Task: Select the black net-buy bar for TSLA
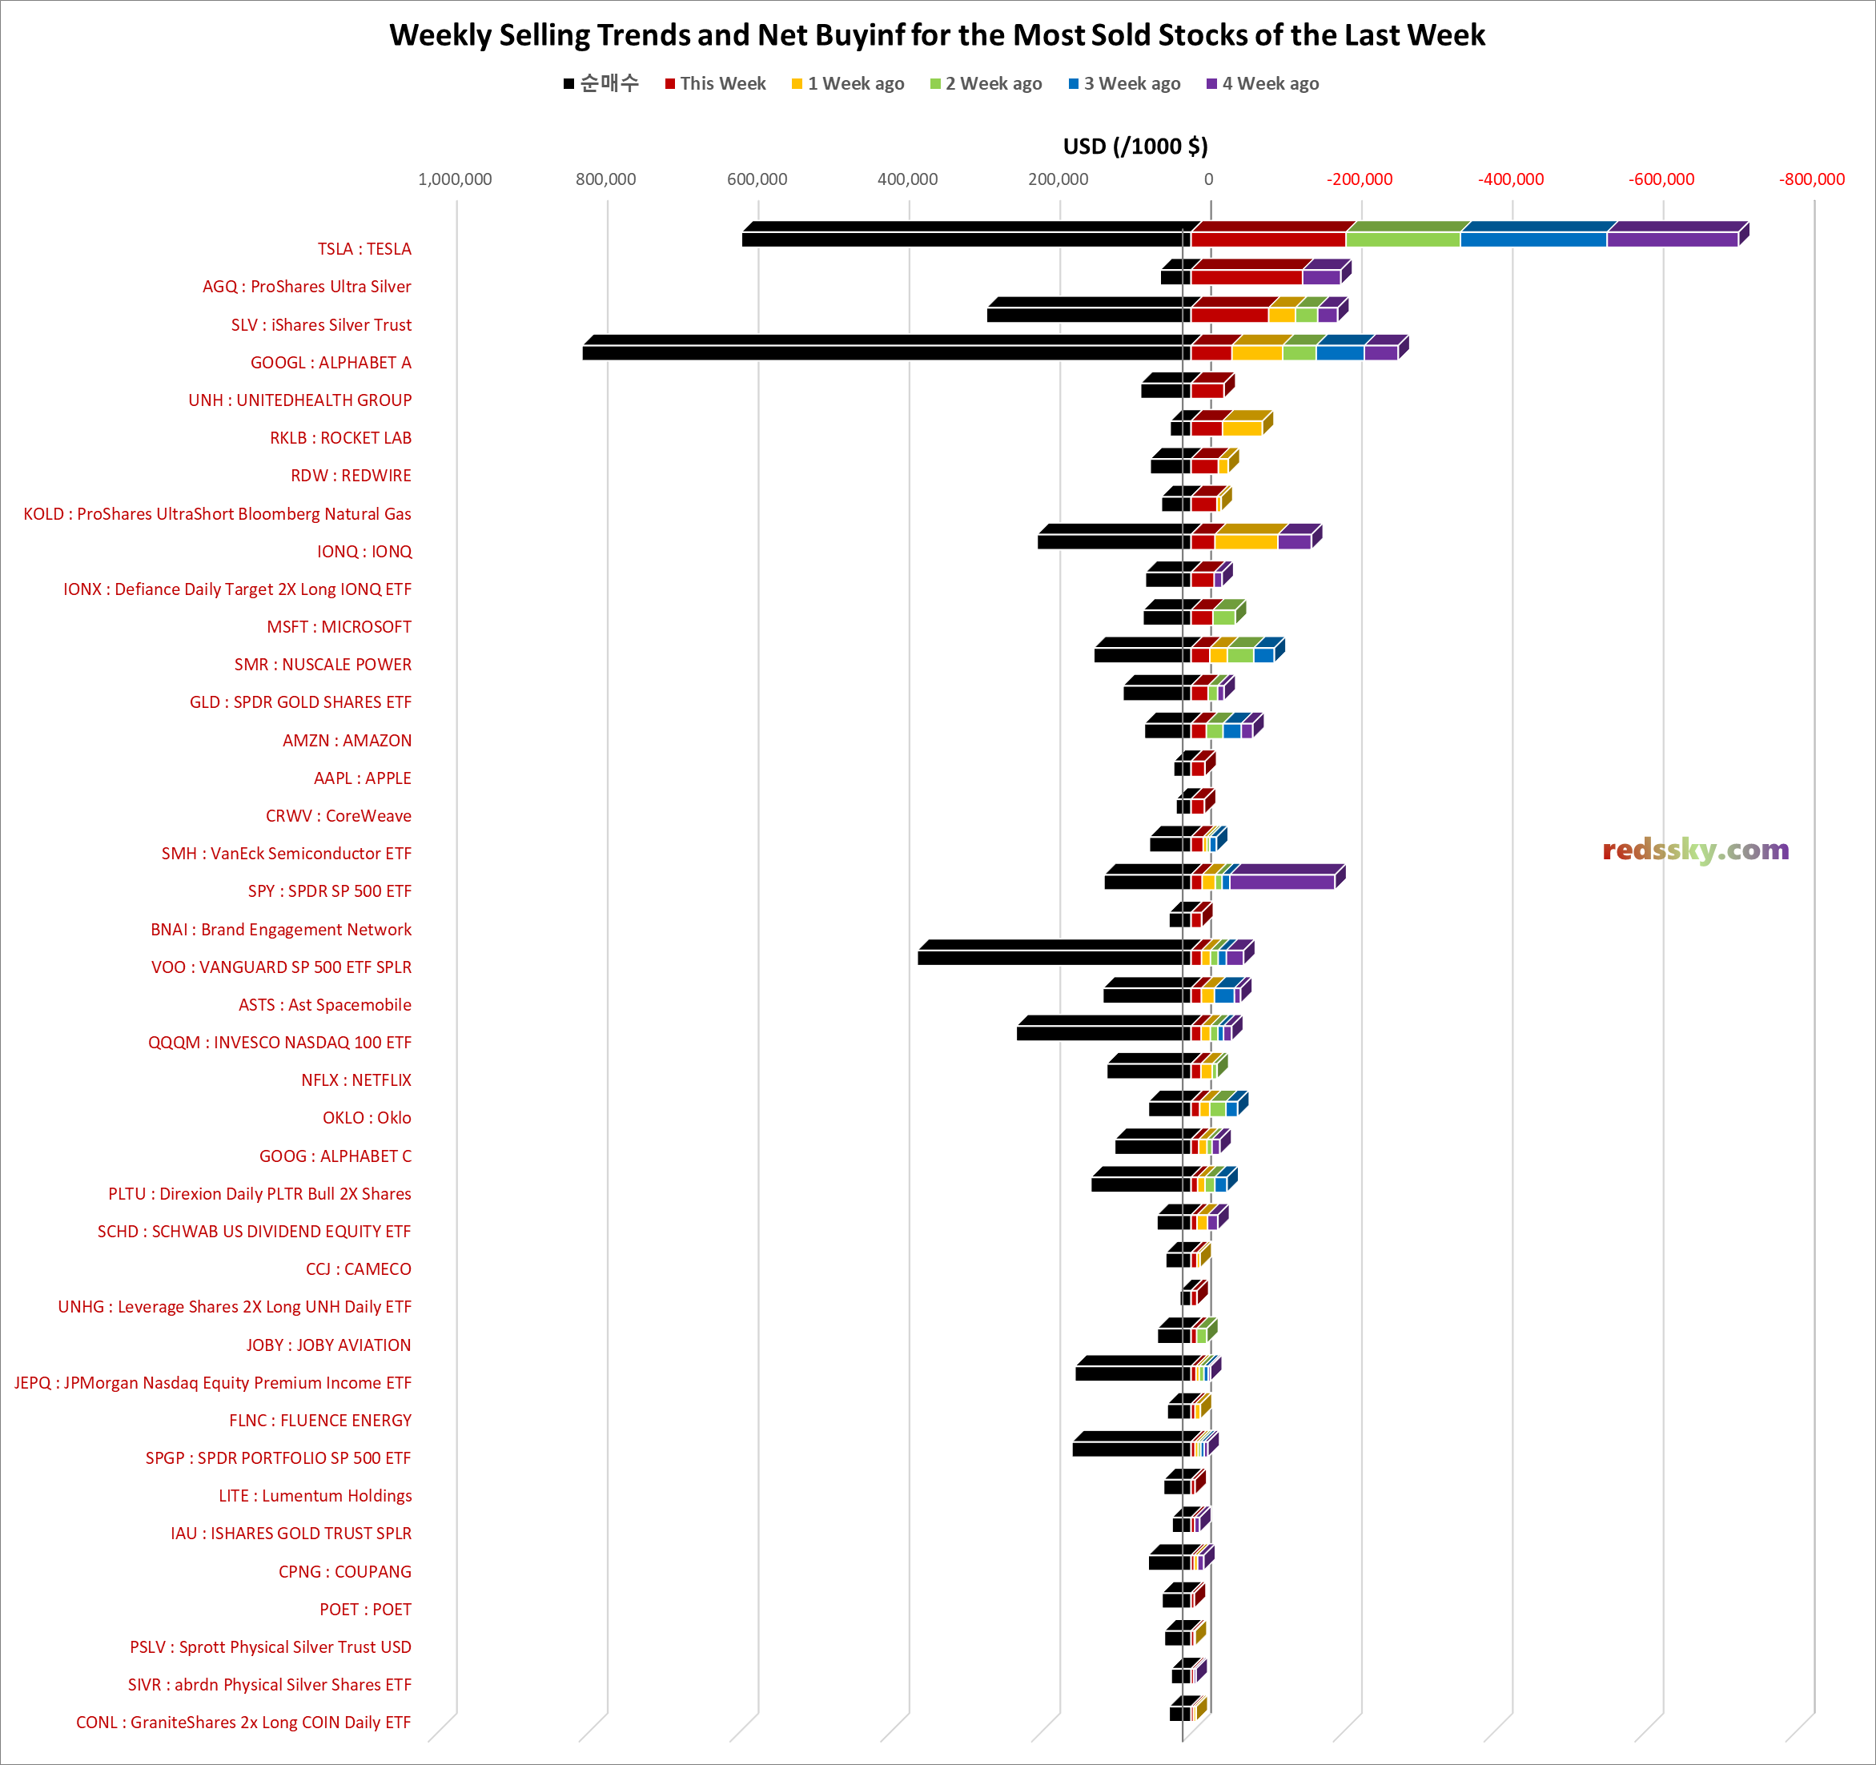click(x=962, y=239)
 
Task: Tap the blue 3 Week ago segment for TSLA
click(x=1533, y=239)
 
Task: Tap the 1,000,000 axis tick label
click(x=455, y=179)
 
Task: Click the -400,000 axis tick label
click(x=1511, y=179)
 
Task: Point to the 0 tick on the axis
click(x=1208, y=179)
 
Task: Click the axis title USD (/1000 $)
click(x=1135, y=147)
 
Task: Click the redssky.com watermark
click(x=1695, y=850)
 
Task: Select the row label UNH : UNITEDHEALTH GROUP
click(x=300, y=400)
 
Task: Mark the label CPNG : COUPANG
click(x=344, y=1571)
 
